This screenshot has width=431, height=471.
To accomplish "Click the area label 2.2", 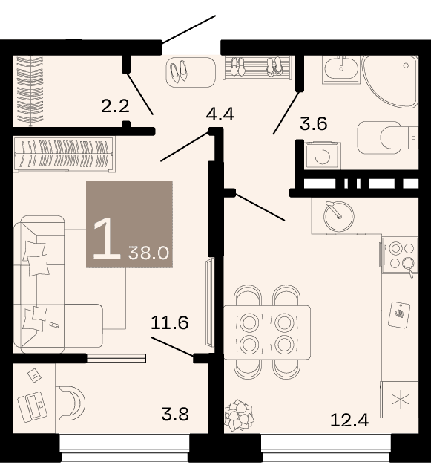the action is click(x=115, y=106).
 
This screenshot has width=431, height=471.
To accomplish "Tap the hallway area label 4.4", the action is click(x=220, y=114).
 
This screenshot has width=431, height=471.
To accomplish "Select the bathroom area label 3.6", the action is click(x=314, y=123).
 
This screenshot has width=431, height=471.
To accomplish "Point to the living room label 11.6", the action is click(x=170, y=322).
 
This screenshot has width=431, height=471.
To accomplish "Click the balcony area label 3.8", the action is click(x=175, y=414).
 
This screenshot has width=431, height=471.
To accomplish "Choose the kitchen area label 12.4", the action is click(x=349, y=420).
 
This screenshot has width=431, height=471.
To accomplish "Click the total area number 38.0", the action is click(x=148, y=253).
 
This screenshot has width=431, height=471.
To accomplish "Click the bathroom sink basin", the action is click(x=341, y=68).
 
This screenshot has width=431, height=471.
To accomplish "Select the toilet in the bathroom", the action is click(x=387, y=137).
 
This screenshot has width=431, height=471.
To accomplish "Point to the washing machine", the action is click(x=323, y=155).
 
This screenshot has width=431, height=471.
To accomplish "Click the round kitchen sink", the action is click(x=338, y=216).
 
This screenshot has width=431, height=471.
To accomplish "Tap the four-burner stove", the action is click(x=400, y=256).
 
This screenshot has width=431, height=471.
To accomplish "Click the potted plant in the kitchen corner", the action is click(x=240, y=414).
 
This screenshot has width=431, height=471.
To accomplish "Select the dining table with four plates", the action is click(x=267, y=332).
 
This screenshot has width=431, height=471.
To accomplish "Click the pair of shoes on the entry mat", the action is click(x=179, y=71).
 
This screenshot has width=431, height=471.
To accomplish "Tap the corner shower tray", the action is click(x=390, y=81).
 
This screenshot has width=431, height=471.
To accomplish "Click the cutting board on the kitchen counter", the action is click(x=399, y=314).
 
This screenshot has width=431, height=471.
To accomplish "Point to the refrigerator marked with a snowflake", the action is click(x=400, y=400).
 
